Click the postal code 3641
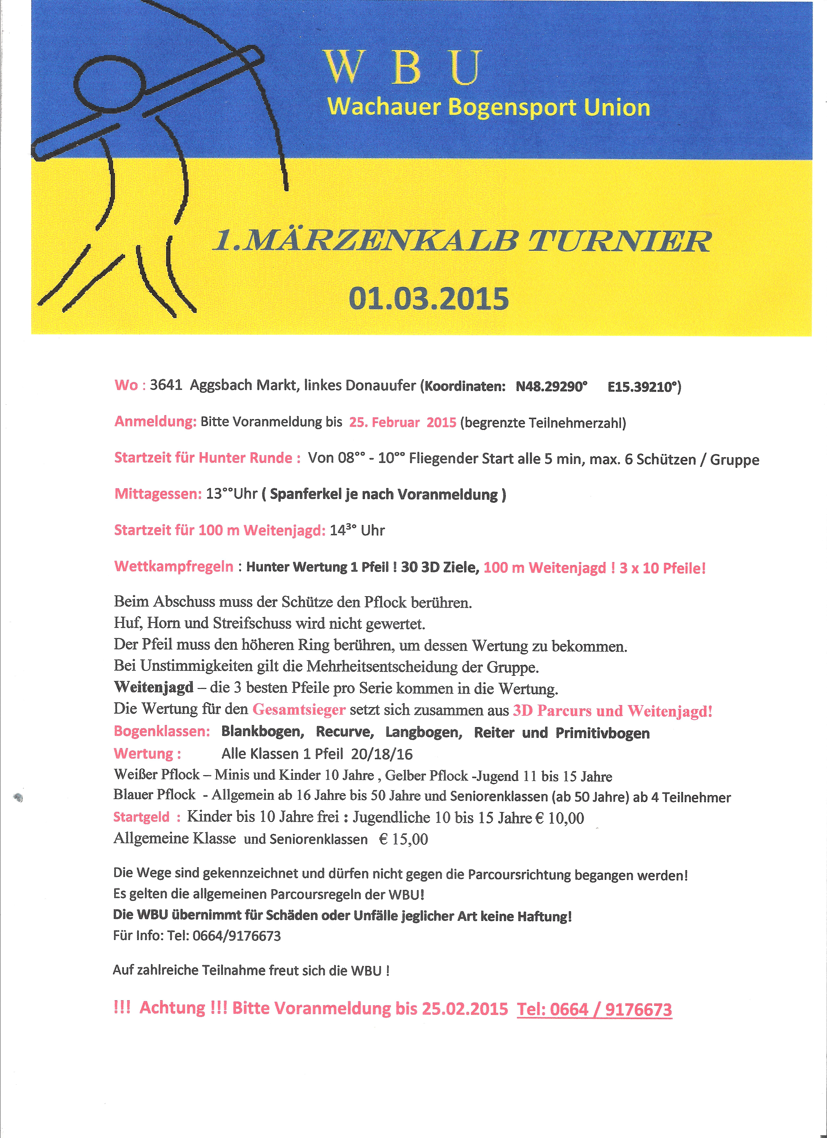tap(166, 385)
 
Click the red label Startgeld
tap(142, 817)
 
